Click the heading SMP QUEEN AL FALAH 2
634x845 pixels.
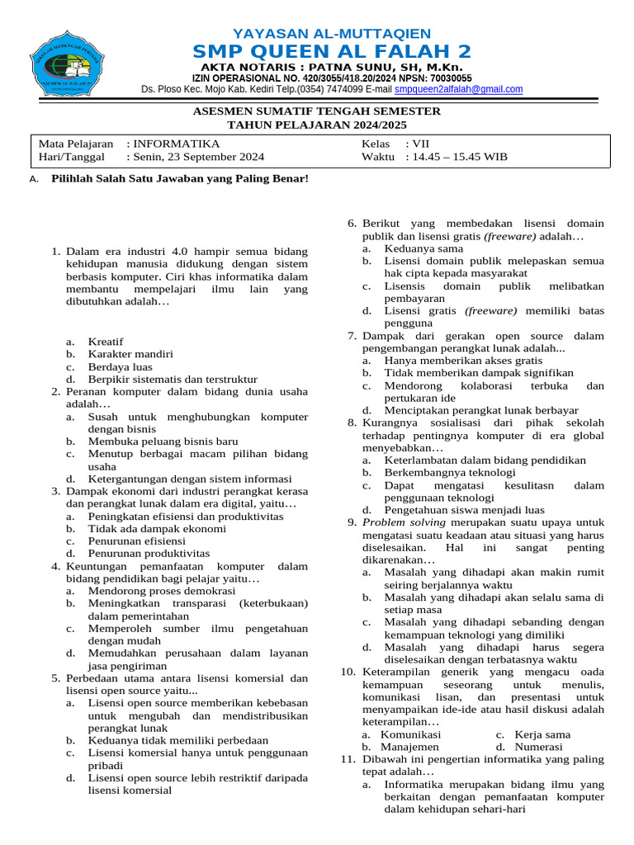332,51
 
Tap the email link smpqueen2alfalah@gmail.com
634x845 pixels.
458,89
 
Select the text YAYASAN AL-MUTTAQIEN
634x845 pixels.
332,33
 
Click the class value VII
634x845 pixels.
422,144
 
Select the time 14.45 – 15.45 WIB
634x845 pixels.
460,157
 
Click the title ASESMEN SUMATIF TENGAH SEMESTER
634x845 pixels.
317,111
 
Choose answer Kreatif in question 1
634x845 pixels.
106,342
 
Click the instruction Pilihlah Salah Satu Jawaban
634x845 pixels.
179,178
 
